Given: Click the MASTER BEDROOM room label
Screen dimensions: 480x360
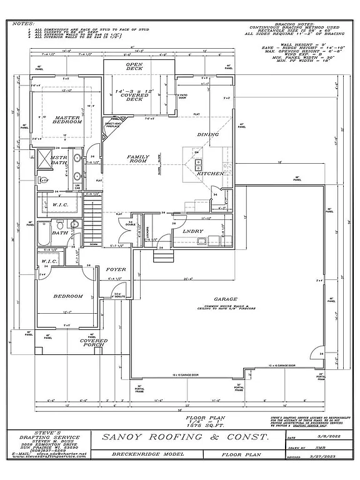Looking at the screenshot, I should [67, 119].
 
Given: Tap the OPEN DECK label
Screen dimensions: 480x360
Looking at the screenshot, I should [134, 66].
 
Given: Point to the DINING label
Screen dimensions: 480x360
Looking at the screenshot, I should [208, 134].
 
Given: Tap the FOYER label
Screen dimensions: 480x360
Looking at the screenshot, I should [116, 269].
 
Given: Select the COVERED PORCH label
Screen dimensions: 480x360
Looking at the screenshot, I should [94, 343].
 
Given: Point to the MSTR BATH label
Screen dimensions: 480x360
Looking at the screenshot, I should [59, 161].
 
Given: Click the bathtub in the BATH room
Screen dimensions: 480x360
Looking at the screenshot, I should [43, 235].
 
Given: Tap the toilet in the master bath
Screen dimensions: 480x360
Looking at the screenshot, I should [44, 181].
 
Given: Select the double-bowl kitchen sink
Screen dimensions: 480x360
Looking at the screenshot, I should [199, 164].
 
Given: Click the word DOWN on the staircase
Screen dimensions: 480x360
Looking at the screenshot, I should [94, 244].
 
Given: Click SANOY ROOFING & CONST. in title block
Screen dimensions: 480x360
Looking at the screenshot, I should [185, 437].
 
